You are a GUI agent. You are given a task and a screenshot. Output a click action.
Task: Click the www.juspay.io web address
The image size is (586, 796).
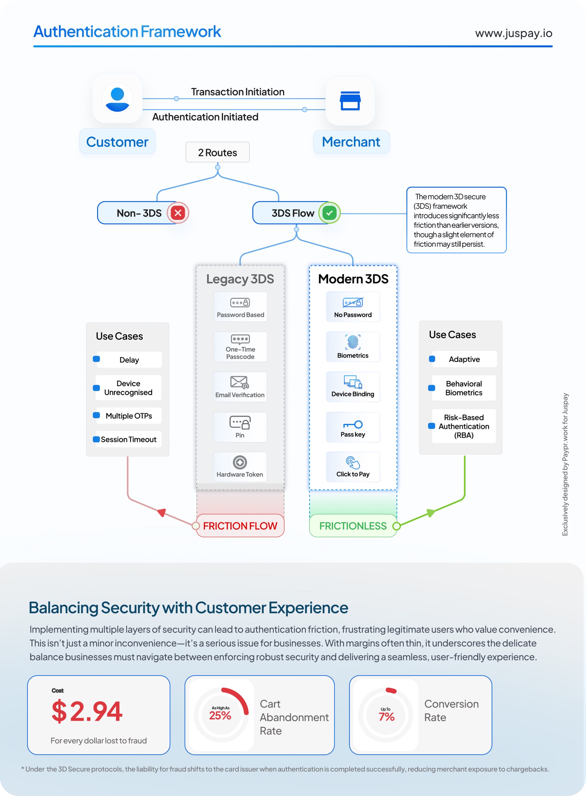pyautogui.click(x=513, y=33)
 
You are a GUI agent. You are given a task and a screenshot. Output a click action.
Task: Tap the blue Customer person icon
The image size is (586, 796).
pyautogui.click(x=117, y=98)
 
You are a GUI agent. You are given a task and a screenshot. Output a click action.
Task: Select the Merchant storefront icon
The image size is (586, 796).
pyautogui.click(x=350, y=101)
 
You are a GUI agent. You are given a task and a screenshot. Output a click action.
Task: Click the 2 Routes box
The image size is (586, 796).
pyautogui.click(x=217, y=152)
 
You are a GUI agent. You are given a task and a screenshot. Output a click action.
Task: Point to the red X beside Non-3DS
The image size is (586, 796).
pyautogui.click(x=178, y=213)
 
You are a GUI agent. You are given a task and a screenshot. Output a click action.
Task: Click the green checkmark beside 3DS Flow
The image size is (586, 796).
pyautogui.click(x=329, y=213)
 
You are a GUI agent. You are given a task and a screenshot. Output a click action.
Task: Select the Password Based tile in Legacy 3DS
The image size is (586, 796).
pyautogui.click(x=240, y=307)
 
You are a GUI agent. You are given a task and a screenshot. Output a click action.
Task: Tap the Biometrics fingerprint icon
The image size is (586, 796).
pyautogui.click(x=353, y=342)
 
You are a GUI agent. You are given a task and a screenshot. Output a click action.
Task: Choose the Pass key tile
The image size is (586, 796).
pyautogui.click(x=353, y=427)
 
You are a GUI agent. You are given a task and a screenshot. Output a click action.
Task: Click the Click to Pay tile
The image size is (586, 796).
pyautogui.click(x=353, y=467)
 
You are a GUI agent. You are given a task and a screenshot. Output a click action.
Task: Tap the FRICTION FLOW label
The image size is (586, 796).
pyautogui.click(x=240, y=526)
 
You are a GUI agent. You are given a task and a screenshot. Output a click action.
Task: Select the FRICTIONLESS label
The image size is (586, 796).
pyautogui.click(x=353, y=526)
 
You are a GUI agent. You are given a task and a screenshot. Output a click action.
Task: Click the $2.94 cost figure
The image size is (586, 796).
pyautogui.click(x=87, y=711)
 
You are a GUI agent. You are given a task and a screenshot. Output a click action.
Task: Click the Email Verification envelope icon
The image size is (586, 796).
pyautogui.click(x=239, y=382)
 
